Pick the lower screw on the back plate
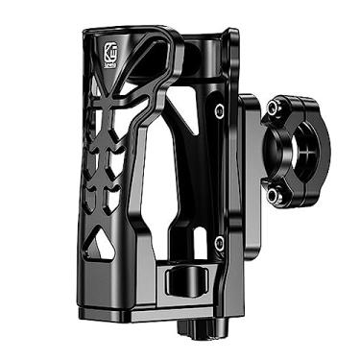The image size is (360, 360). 220,240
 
